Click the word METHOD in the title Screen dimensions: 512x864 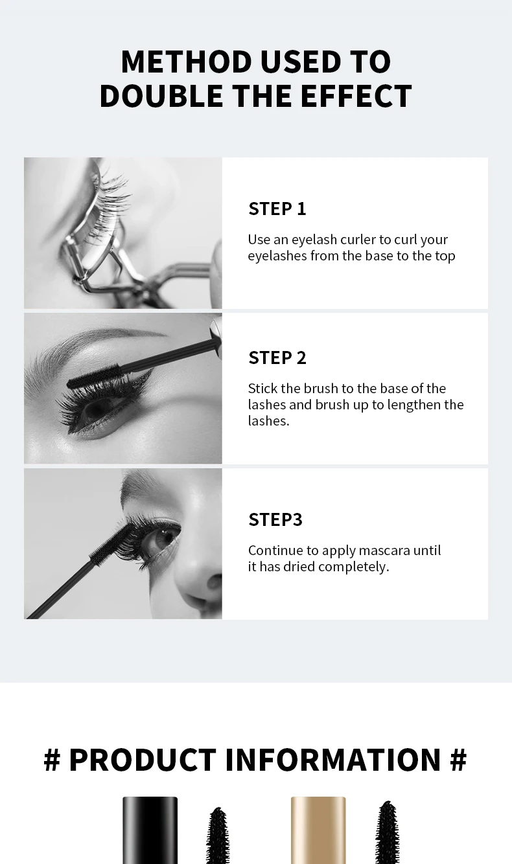(x=187, y=62)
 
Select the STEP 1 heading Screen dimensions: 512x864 (x=277, y=209)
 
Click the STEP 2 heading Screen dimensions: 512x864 (x=277, y=358)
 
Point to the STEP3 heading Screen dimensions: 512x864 (x=275, y=519)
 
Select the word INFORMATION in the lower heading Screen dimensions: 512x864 (x=332, y=760)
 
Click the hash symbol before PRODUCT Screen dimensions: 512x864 (x=52, y=760)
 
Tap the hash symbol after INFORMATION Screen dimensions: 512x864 (x=458, y=760)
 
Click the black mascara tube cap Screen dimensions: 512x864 (x=150, y=830)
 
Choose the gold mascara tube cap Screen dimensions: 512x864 (x=318, y=830)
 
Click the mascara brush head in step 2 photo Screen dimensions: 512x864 (x=93, y=375)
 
